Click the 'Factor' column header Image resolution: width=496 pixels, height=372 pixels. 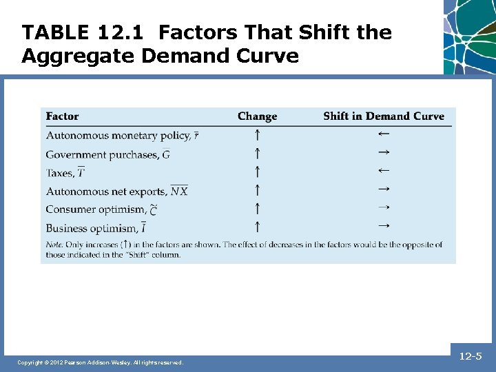point(62,116)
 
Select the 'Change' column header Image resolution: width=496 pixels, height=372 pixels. point(257,116)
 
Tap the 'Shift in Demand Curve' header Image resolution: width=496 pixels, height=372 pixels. point(384,116)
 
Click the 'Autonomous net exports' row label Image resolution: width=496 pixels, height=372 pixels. point(116,192)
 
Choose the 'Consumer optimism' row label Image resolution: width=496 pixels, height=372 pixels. point(96,209)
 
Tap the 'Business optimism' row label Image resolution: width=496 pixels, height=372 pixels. point(96,228)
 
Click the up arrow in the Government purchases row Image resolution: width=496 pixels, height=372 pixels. point(257,153)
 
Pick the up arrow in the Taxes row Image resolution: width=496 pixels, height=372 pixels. point(257,172)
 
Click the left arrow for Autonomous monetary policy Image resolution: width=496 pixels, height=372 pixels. point(384,133)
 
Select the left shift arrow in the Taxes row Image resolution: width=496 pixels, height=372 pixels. point(384,169)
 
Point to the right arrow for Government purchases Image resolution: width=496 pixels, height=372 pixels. point(384,152)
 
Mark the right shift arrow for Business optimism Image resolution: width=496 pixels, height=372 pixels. point(384,225)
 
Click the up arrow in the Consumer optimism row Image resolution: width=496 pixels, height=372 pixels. point(257,208)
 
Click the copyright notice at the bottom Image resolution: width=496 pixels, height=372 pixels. point(101,362)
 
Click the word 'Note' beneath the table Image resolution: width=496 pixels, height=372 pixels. point(53,245)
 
